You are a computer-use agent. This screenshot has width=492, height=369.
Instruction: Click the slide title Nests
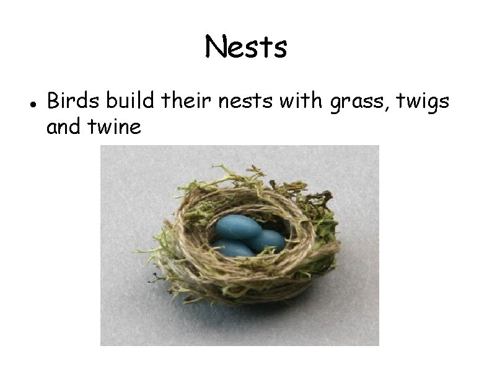(x=246, y=47)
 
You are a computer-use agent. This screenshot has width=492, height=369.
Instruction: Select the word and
(x=64, y=127)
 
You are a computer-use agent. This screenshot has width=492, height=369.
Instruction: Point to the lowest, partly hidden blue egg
(x=234, y=249)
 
